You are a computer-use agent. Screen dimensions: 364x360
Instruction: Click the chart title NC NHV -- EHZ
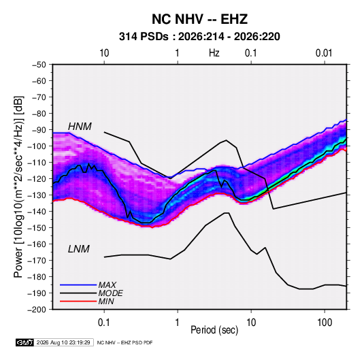click(199, 19)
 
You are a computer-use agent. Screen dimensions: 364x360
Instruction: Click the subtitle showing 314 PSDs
click(199, 37)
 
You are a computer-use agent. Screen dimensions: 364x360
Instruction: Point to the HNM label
click(80, 127)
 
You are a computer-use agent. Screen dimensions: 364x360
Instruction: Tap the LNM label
click(78, 249)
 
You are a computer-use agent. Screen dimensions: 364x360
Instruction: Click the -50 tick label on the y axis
click(39, 65)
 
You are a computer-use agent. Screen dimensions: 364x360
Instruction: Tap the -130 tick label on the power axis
click(37, 195)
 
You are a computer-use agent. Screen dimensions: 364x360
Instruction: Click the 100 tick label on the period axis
click(325, 323)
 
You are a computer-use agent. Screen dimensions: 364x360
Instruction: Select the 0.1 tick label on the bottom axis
click(103, 323)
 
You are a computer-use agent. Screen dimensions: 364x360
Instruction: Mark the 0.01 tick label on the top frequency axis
click(324, 53)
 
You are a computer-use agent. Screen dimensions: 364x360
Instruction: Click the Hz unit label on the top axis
click(214, 53)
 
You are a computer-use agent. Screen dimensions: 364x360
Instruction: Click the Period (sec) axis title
click(214, 330)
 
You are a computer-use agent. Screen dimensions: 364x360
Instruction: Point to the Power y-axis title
click(18, 186)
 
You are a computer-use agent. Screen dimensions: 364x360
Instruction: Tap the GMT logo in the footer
click(25, 342)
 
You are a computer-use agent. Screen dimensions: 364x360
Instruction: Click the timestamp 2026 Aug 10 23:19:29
click(63, 342)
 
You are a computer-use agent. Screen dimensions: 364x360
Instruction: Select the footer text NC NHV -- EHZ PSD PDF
click(125, 343)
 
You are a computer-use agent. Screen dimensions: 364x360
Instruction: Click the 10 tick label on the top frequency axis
click(104, 53)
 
